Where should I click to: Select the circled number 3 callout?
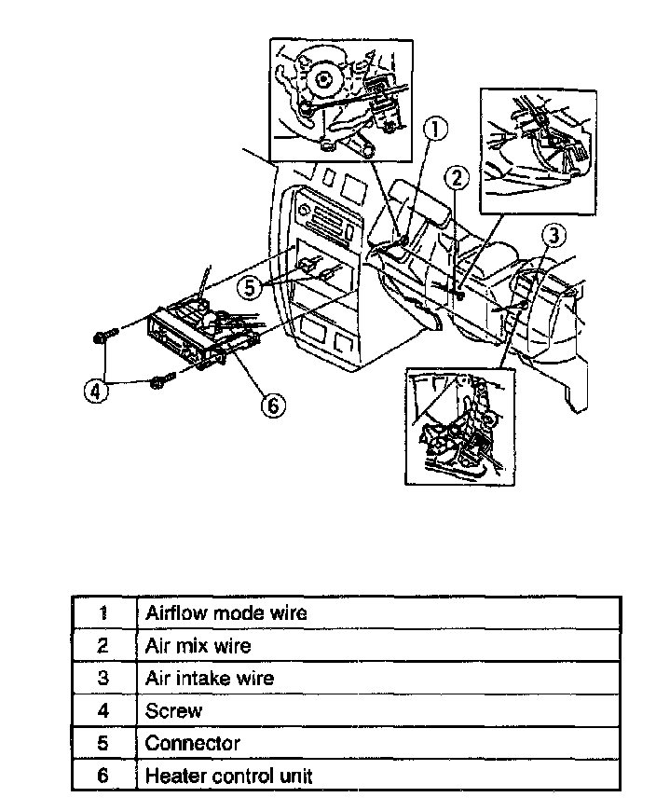pos(554,235)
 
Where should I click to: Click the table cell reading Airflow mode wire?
pos(225,613)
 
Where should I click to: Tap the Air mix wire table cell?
pos(198,645)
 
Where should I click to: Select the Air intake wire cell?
pos(209,678)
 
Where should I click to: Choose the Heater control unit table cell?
pos(229,776)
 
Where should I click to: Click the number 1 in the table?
pos(103,613)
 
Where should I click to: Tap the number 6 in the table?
pos(103,776)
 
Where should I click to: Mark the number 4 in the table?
pos(103,710)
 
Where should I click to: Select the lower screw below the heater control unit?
pos(159,380)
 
